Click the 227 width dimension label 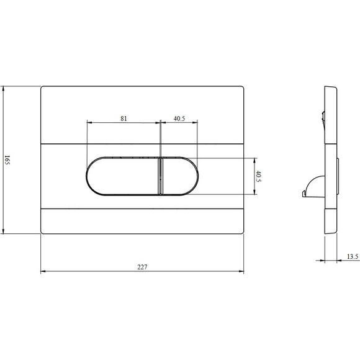[142, 267]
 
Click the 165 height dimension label [7, 160]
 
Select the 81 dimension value [124, 119]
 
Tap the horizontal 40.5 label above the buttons [179, 119]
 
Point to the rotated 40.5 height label [258, 176]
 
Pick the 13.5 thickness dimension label [353, 256]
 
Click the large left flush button [123, 176]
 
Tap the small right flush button [179, 176]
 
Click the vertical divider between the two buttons [160, 176]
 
